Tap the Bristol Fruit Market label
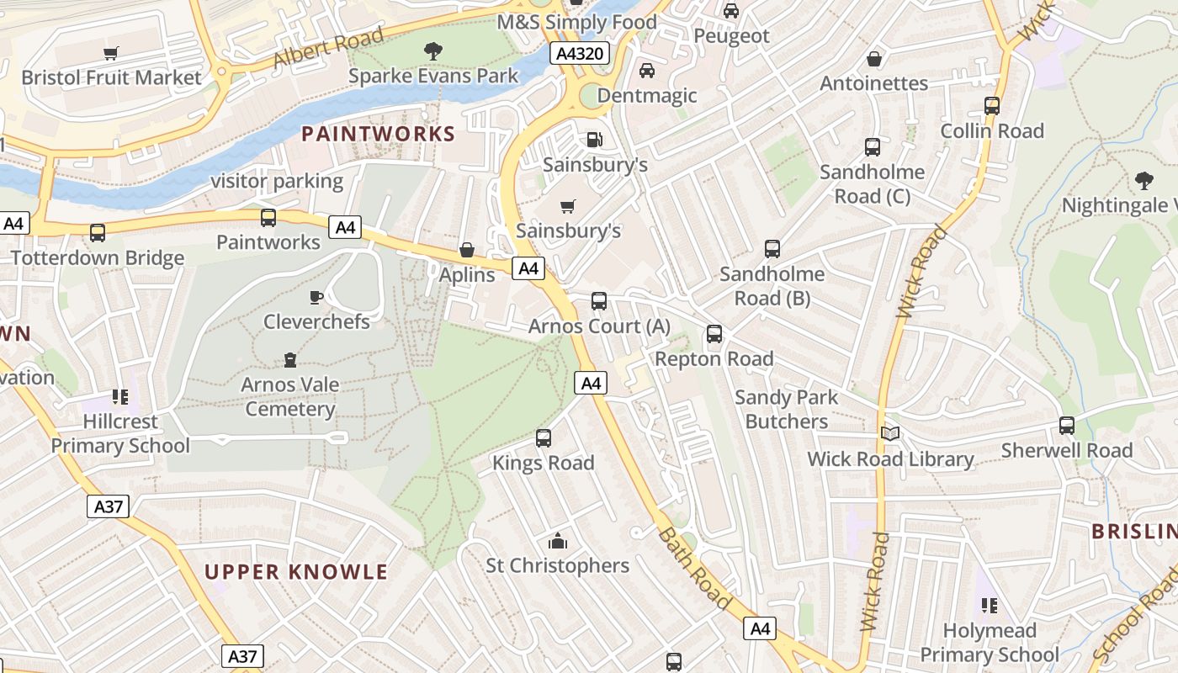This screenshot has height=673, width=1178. point(111,78)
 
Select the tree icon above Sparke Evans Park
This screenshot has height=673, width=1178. point(433,51)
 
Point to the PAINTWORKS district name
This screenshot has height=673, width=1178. point(378,134)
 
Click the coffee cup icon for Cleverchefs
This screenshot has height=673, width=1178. point(316,297)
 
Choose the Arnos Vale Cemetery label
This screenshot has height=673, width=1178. point(290,397)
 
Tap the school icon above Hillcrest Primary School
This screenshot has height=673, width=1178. point(119,396)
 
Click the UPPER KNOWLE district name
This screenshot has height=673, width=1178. point(296,572)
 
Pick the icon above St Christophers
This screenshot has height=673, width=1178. point(557,541)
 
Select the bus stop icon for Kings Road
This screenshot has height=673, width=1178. point(544,438)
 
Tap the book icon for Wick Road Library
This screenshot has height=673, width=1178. point(890,434)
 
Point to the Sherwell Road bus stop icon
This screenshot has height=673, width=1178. point(1067,426)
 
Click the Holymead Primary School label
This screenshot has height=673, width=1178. point(990,643)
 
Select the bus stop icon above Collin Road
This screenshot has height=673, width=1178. point(992,106)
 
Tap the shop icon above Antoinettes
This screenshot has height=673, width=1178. point(874,59)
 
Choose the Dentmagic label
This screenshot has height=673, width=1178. point(647,96)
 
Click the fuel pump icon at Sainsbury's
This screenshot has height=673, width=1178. point(594,140)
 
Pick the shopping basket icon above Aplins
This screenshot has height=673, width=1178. point(467,250)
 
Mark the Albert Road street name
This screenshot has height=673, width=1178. point(328,48)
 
